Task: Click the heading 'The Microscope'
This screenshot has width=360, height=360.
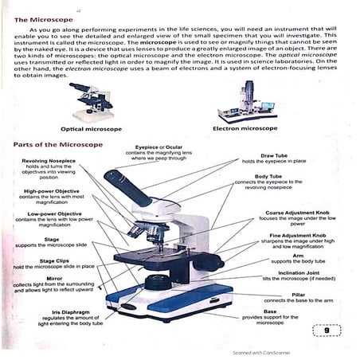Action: pos(41,18)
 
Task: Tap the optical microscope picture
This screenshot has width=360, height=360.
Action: pos(88,101)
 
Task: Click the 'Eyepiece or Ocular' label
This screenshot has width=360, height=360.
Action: pos(158,147)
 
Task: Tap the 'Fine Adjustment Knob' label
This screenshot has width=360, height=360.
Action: pos(297,236)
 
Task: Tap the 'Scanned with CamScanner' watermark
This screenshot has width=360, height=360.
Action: pos(260,351)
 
